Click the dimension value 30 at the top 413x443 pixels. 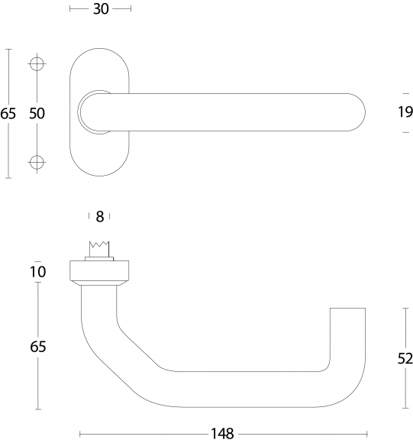[x=101, y=9]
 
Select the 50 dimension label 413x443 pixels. [x=37, y=113]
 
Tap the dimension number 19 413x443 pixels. [x=405, y=112]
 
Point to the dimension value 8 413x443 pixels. [x=100, y=217]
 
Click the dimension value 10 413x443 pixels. [x=38, y=272]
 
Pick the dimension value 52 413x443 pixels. [x=405, y=359]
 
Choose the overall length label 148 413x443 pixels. [x=222, y=433]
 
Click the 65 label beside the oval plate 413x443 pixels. [x=8, y=114]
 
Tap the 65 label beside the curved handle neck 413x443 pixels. [x=38, y=347]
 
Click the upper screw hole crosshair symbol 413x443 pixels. [x=37, y=64]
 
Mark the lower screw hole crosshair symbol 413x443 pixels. [x=37, y=163]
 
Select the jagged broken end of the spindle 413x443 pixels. [x=99, y=244]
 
